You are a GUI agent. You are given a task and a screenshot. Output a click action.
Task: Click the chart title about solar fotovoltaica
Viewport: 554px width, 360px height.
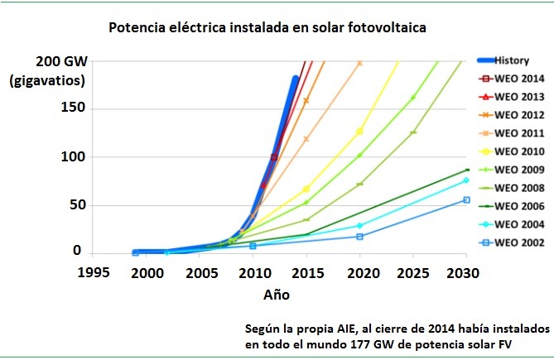(269, 28)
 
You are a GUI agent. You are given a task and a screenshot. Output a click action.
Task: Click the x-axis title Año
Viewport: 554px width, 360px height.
(277, 294)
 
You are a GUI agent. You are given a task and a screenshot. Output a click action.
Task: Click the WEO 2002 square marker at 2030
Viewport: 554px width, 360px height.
(466, 199)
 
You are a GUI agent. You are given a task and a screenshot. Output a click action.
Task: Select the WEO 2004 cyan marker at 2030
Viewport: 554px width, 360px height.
(466, 180)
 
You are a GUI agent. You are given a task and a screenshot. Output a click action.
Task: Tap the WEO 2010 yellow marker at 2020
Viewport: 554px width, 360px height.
(359, 131)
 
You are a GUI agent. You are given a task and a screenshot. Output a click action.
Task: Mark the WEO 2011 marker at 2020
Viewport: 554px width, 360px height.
(359, 63)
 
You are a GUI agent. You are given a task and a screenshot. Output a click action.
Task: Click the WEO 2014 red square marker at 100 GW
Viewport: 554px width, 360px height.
(274, 156)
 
